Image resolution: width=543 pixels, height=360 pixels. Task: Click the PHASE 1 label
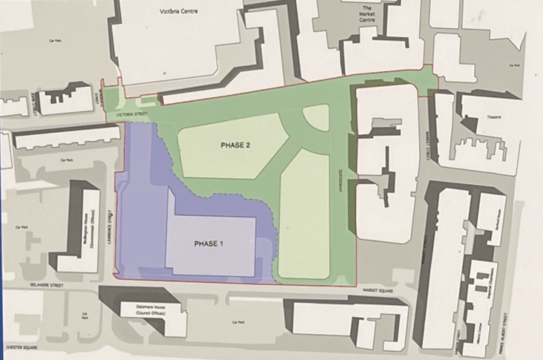pyautogui.click(x=209, y=244)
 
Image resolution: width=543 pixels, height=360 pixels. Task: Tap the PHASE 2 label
pyautogui.click(x=235, y=146)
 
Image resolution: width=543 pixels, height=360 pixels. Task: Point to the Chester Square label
pyautogui.click(x=20, y=344)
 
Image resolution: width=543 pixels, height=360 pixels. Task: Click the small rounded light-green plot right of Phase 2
pyautogui.click(x=316, y=118)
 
